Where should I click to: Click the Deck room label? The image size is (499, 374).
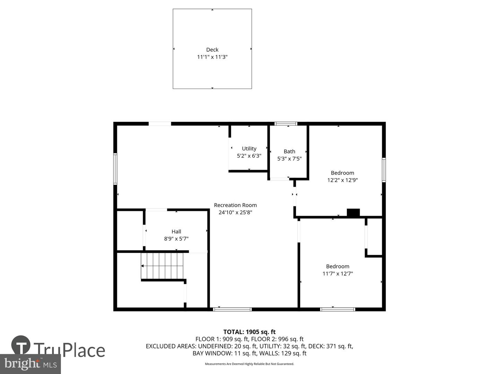(x=212, y=50)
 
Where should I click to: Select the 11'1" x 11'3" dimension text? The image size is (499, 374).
(x=212, y=57)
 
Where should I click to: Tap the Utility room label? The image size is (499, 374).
(x=249, y=149)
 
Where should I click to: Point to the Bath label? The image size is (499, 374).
(x=289, y=151)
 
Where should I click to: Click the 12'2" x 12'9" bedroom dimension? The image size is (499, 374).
(x=342, y=180)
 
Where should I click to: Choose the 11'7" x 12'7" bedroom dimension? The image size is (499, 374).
(x=338, y=274)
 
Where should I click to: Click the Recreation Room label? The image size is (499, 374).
(x=235, y=205)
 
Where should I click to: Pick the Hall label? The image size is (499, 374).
(x=176, y=231)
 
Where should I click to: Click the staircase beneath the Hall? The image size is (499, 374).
(x=162, y=266)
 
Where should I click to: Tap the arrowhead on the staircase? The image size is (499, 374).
(x=142, y=266)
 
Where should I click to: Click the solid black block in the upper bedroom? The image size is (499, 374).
(x=353, y=212)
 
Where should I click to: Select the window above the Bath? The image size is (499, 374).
(x=286, y=124)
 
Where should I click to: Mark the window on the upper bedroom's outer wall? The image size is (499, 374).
(x=384, y=170)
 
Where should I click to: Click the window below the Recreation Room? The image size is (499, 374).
(x=232, y=309)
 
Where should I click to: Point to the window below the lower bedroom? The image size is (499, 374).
(x=338, y=309)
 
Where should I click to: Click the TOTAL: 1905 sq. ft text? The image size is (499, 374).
(x=249, y=332)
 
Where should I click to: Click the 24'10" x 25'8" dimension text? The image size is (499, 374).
(x=235, y=212)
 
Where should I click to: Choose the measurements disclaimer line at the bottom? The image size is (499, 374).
(x=249, y=364)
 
